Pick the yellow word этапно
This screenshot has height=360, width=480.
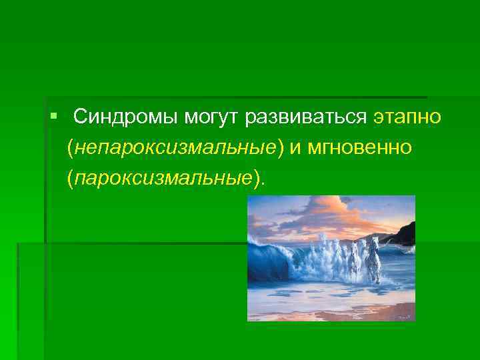[407, 117]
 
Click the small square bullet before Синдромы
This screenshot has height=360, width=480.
[53, 117]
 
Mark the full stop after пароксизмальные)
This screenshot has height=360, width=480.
[262, 180]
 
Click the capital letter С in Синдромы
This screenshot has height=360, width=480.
[79, 117]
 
